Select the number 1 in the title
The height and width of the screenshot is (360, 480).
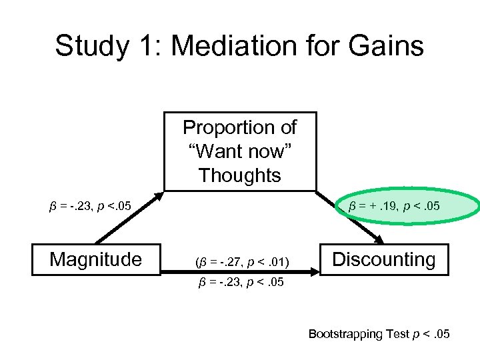coord(145,46)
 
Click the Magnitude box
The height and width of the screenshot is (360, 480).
coord(97,259)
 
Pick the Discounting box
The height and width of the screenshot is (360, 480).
coord(383,259)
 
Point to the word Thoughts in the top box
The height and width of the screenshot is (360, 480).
coord(240,175)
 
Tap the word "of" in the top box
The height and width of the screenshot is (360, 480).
coord(289,127)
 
